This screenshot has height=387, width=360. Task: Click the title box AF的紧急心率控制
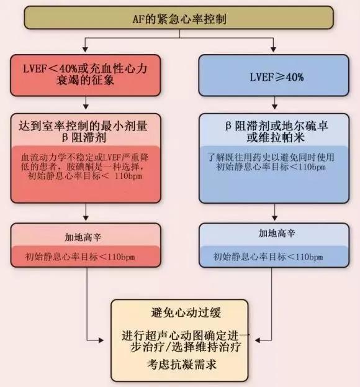point(179,19)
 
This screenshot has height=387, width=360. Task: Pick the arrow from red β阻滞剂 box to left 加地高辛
point(87,216)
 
